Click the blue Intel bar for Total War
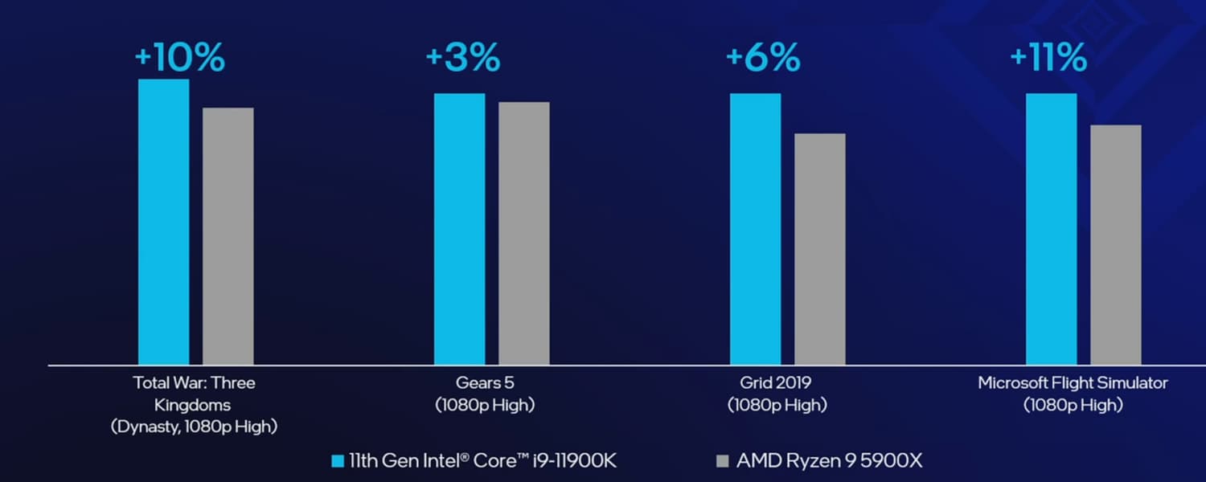(x=164, y=222)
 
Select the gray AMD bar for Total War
(x=228, y=236)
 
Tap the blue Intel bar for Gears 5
(x=460, y=229)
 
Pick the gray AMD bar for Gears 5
(x=524, y=233)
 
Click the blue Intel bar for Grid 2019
(x=756, y=229)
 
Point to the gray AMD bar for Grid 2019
(x=820, y=249)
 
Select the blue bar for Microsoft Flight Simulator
(x=1052, y=229)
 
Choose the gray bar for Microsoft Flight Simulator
(x=1116, y=244)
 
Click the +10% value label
(x=179, y=58)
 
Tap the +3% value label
(x=463, y=58)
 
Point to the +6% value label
(x=763, y=58)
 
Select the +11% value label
(x=1048, y=58)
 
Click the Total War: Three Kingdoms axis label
(x=194, y=394)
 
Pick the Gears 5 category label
(x=484, y=383)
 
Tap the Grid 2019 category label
(x=777, y=383)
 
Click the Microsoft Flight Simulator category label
(x=1073, y=383)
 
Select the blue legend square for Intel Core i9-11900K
(x=338, y=461)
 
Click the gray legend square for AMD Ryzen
(x=722, y=461)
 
